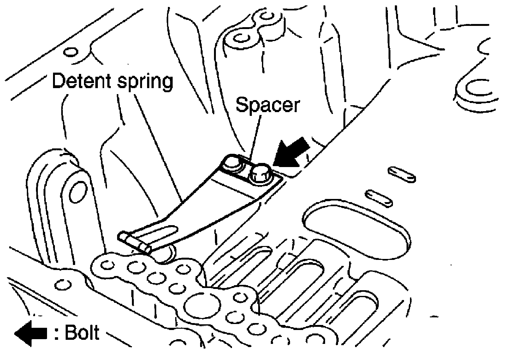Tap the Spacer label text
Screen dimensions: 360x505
tap(267, 105)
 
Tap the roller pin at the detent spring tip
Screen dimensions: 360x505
tap(134, 242)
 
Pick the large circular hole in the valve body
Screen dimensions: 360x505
tap(202, 306)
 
